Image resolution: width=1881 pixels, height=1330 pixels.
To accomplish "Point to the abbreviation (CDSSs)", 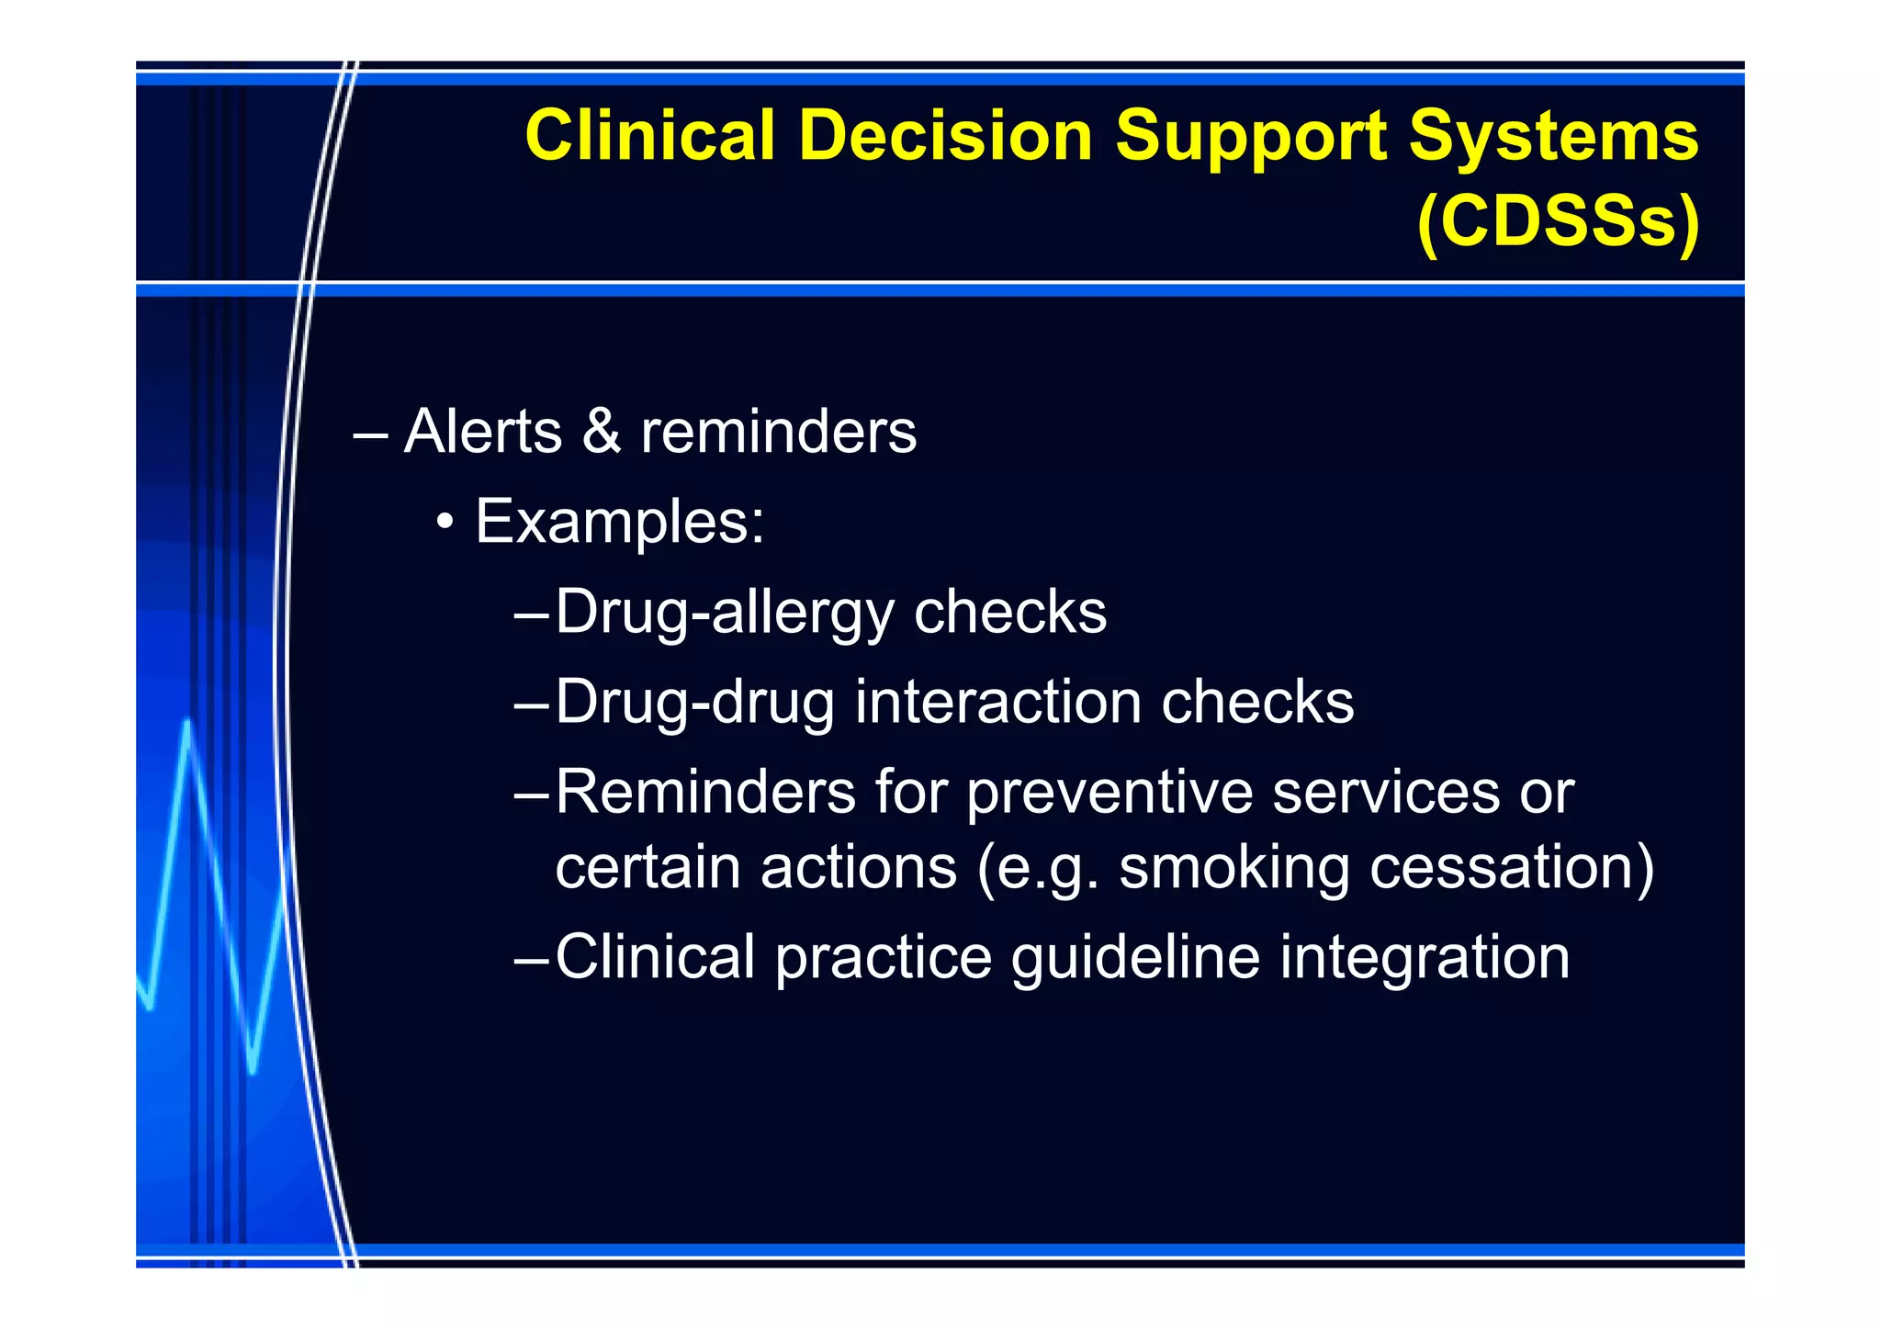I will click(x=1558, y=221).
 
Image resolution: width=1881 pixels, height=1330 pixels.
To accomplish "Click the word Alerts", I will click(x=483, y=431).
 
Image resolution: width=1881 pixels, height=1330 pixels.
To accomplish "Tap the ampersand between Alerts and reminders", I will click(x=601, y=431).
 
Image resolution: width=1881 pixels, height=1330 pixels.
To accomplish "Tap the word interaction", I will click(x=997, y=702).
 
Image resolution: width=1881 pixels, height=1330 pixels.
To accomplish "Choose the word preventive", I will click(x=1109, y=792).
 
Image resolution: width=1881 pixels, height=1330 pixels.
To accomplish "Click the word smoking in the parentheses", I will click(x=1233, y=868).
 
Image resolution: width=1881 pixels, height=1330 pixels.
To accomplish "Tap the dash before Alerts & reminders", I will click(x=370, y=433).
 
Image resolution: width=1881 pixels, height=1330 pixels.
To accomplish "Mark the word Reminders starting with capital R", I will click(x=705, y=792).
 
